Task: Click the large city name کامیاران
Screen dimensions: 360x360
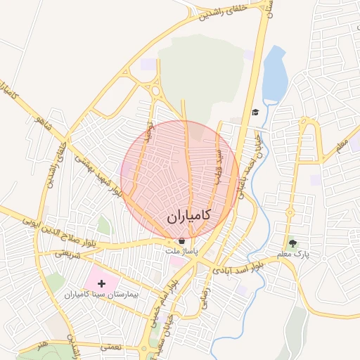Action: coord(190,217)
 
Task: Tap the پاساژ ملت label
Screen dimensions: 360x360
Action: coord(182,250)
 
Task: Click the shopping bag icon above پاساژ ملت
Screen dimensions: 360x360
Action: coord(181,240)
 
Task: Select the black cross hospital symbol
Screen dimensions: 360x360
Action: coord(102,283)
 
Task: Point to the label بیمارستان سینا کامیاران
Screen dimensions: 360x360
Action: coord(103,295)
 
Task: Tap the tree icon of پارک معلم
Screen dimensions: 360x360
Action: coord(292,241)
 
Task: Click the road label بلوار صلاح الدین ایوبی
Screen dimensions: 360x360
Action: coord(42,220)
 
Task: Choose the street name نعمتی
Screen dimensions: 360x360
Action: coord(111,347)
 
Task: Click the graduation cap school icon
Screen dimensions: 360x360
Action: coord(255,112)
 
